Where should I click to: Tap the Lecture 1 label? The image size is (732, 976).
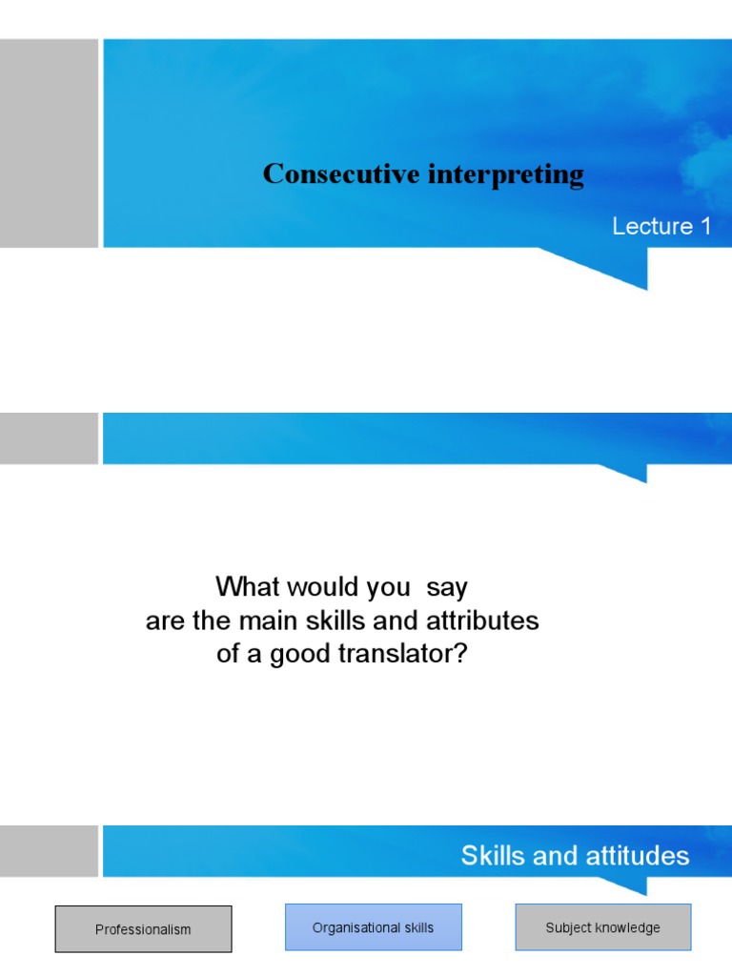point(661,227)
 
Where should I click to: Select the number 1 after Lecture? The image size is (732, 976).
point(705,227)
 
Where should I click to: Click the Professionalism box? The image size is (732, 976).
point(143,929)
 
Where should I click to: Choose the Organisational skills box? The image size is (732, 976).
point(373,927)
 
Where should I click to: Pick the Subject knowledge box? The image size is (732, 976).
point(602,927)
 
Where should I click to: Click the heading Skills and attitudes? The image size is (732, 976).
point(575,856)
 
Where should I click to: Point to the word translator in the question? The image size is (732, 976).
point(410,656)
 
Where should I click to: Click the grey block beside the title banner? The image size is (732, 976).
point(49,143)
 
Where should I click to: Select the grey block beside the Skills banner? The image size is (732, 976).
point(49,851)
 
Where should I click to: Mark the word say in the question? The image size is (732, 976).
point(448,586)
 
